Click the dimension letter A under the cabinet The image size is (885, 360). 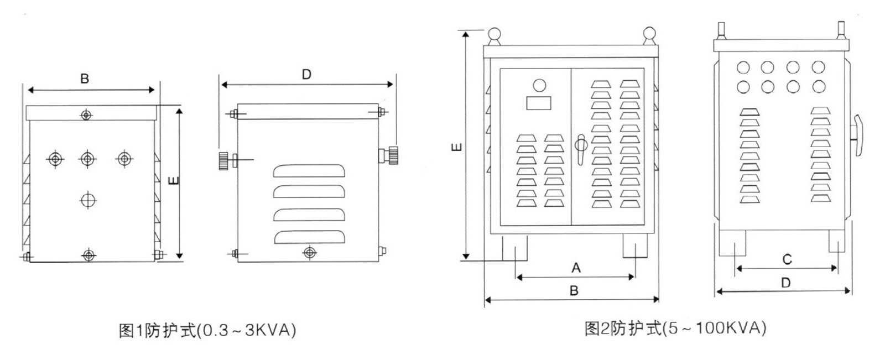coord(576,268)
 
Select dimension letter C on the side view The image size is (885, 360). coord(787,259)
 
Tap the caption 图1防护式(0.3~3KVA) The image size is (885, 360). coord(207,330)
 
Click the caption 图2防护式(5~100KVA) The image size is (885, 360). coord(675,328)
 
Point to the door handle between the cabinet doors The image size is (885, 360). coord(581,149)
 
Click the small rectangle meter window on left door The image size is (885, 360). coord(539,103)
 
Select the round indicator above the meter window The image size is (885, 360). coord(539,85)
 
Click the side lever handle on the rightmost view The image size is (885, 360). coord(858,135)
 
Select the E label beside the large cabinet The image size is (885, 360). coord(456,147)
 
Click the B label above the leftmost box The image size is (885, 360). coord(85,79)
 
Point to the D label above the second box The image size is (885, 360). coord(306,74)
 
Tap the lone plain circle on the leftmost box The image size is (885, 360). coord(88,200)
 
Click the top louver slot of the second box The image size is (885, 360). coord(309,171)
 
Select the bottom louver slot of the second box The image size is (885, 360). coord(309,237)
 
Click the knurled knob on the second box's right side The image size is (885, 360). coord(393,155)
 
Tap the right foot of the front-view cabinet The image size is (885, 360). coord(635,246)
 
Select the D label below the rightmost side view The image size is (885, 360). coord(786,283)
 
